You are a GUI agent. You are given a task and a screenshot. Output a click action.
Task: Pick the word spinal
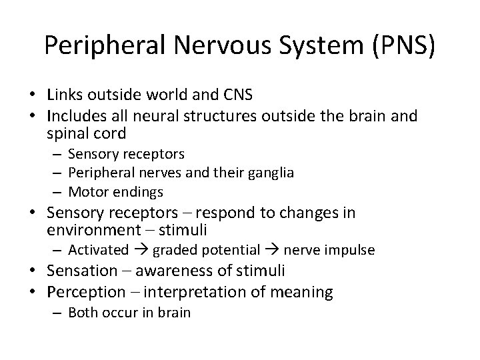point(67,133)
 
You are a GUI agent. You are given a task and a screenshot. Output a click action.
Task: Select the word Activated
point(98,250)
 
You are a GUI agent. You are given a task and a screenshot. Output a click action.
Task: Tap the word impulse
point(352,250)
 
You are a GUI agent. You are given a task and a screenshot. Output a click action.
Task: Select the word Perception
point(86,292)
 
